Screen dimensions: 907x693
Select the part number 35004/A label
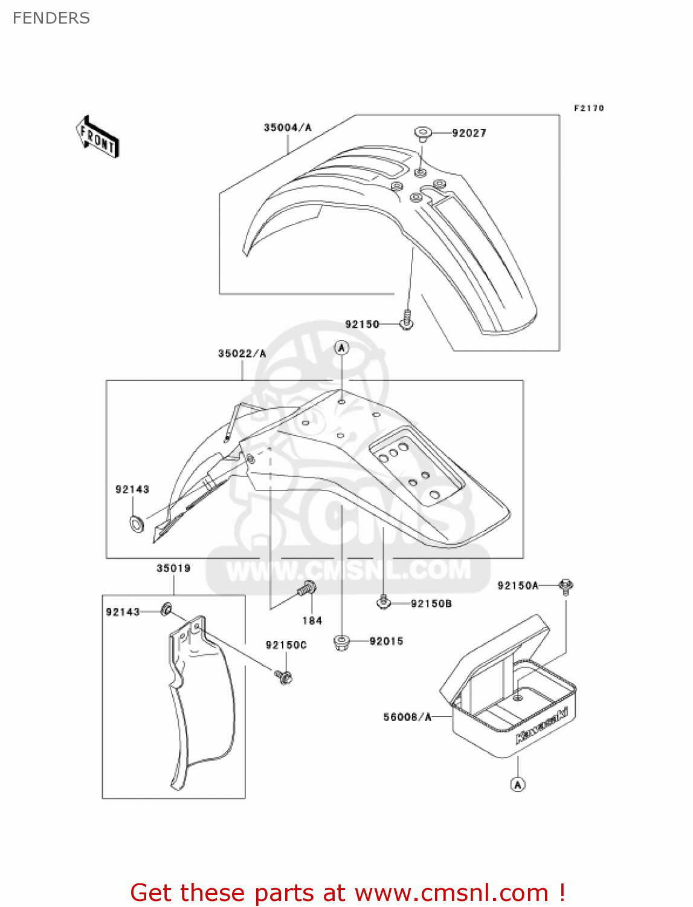pos(287,128)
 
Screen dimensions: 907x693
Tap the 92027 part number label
pos(469,133)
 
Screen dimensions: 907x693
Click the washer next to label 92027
pos(422,132)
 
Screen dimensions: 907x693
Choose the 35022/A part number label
pos(242,354)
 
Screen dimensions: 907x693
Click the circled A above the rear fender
pos(342,348)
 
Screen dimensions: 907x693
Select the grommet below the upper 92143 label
pos(137,523)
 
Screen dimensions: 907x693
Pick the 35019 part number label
pos(173,568)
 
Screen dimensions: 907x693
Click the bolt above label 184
pos(308,588)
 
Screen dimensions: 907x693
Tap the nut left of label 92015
pos(342,642)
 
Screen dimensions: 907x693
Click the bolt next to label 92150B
pos(383,602)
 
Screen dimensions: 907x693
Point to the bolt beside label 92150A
pos(566,585)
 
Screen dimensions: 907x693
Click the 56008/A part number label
pos(407,717)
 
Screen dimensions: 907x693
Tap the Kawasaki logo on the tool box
pos(542,724)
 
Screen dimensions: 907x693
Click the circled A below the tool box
pos(518,785)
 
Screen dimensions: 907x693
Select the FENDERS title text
pos(51,18)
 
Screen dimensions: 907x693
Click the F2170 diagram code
pos(588,108)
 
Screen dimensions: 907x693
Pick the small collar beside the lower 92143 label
pos(166,610)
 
